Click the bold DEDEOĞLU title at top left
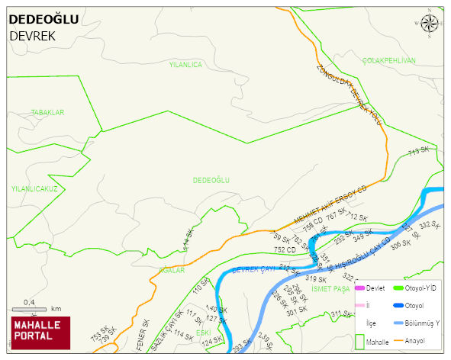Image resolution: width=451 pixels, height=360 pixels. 43,19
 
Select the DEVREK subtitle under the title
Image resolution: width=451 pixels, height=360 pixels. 32,36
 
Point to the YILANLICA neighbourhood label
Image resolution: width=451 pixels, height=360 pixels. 185,65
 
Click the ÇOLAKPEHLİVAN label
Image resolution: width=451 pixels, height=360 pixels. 388,60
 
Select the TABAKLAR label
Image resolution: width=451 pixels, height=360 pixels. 47,113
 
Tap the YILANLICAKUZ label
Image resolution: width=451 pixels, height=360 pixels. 34,188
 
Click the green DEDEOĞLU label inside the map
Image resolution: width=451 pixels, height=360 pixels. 211,180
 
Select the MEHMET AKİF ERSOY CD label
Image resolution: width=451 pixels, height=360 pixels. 330,204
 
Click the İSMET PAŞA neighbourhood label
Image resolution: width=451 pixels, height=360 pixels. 330,288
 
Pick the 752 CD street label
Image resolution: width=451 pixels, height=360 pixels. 285,249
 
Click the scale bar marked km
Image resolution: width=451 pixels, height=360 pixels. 36,308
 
